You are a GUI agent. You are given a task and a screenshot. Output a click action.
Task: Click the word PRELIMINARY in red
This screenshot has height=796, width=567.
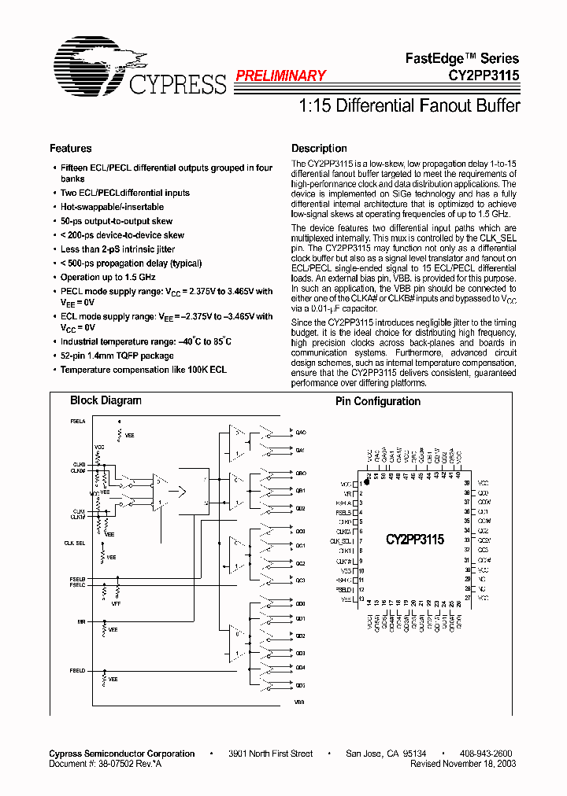click(280, 76)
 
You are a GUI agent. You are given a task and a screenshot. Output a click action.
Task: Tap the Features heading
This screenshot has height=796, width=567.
click(70, 149)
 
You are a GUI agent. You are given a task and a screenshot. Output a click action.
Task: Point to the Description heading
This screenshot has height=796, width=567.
click(319, 149)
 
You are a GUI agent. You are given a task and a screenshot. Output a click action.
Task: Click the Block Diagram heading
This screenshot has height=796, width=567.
click(106, 400)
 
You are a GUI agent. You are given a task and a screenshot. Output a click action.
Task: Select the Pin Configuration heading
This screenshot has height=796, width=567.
click(378, 401)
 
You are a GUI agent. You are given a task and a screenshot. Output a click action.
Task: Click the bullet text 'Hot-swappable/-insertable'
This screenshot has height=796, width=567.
click(112, 207)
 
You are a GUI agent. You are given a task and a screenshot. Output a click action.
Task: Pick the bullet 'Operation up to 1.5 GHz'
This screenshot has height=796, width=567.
click(108, 278)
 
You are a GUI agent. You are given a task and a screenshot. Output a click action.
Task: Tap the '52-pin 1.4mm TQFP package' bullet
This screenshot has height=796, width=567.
click(117, 356)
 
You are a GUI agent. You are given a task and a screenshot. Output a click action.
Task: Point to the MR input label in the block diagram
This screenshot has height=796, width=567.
click(81, 621)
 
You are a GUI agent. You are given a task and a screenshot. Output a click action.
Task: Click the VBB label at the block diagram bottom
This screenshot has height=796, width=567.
click(299, 701)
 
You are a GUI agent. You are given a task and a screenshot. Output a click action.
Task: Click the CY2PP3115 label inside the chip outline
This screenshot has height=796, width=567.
click(415, 540)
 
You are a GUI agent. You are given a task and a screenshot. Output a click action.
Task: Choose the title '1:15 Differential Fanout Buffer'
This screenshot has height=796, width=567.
click(409, 105)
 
